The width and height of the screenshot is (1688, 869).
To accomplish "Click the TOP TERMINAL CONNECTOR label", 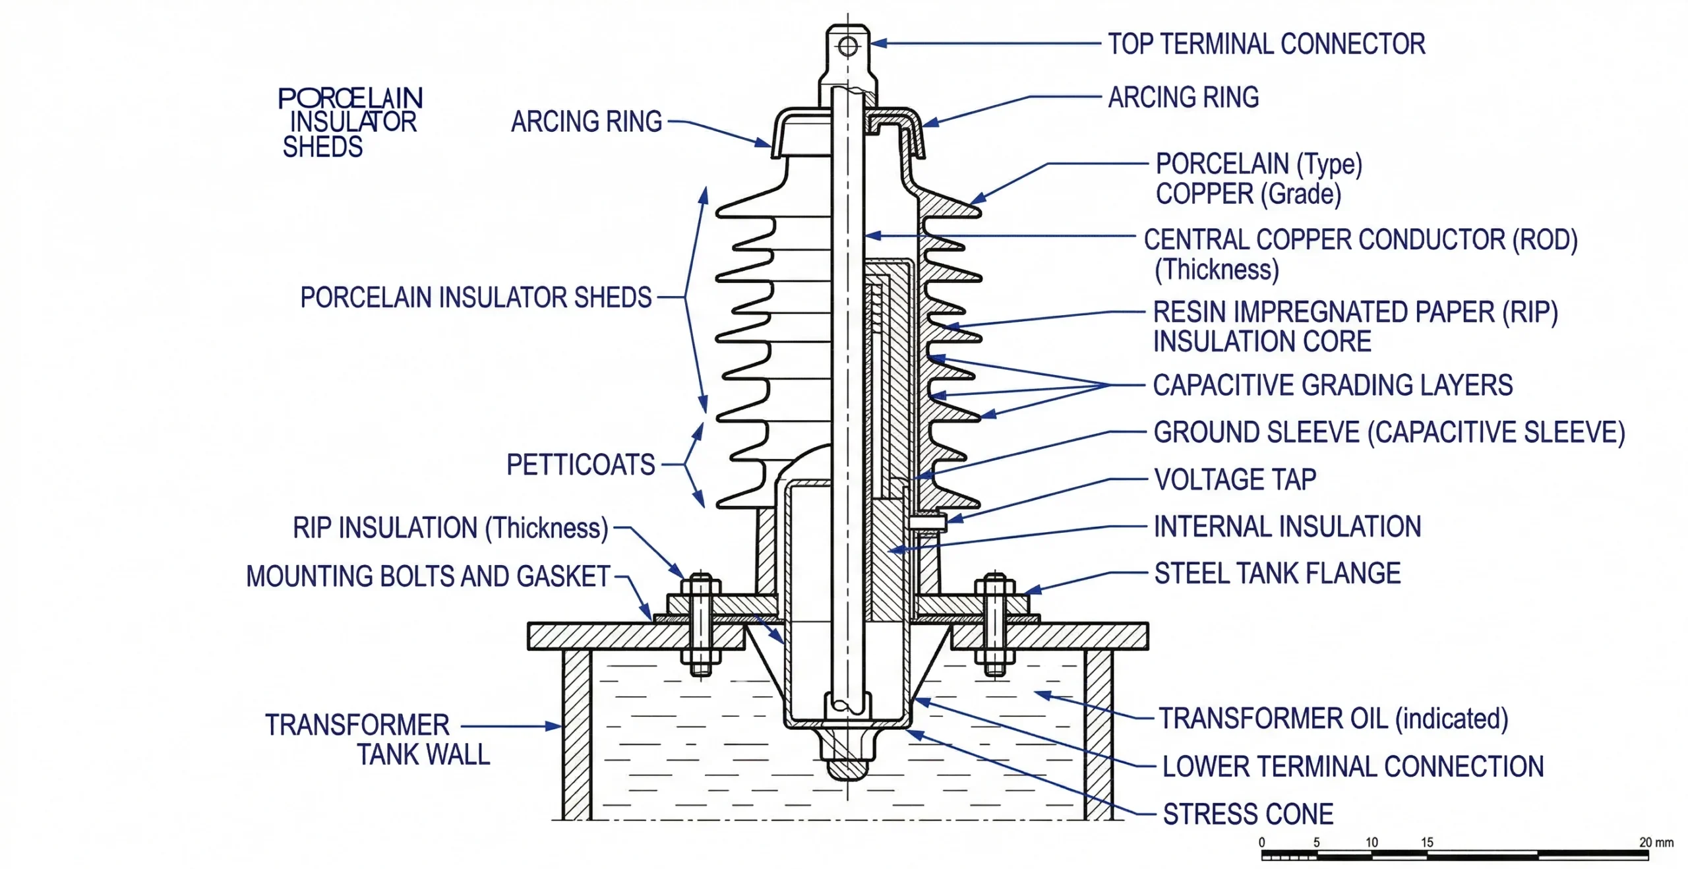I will (x=1266, y=44).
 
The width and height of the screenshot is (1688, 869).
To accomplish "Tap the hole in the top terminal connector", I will (x=847, y=47).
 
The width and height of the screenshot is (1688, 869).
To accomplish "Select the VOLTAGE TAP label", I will (x=1235, y=479).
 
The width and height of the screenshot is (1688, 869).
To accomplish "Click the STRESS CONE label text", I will (x=1248, y=814).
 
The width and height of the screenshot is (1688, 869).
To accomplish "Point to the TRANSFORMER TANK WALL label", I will (x=378, y=739).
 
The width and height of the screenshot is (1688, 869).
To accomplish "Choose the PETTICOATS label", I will (x=580, y=465).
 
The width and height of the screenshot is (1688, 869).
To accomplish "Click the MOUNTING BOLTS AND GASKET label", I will (x=428, y=576).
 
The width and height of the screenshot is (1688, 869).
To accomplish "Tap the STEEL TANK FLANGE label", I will (x=1277, y=574).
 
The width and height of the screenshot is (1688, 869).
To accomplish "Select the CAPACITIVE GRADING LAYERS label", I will (x=1332, y=385).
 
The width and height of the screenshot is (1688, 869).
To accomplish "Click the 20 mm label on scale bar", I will (x=1656, y=842).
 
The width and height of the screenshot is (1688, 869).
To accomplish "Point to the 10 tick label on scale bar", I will (x=1371, y=842).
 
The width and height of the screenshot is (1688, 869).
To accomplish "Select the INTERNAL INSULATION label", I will (x=1287, y=527).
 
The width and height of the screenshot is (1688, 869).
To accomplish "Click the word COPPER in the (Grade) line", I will (x=1204, y=194).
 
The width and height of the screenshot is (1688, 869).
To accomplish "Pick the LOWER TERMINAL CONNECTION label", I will (x=1352, y=767).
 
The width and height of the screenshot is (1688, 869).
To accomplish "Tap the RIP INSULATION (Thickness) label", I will (x=450, y=528).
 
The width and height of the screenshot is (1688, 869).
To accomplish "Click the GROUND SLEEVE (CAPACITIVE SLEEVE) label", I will (x=1389, y=433).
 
